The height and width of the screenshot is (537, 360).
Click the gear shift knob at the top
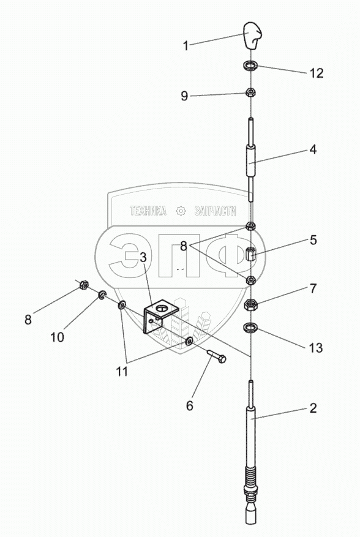pyautogui.click(x=252, y=36)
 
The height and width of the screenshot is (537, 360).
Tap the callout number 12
pyautogui.click(x=316, y=73)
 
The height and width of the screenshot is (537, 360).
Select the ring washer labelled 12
pyautogui.click(x=251, y=65)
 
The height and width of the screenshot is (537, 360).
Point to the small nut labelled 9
pyautogui.click(x=251, y=92)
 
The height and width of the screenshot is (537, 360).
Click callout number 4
pyautogui.click(x=313, y=149)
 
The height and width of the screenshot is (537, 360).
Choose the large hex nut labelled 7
pyautogui.click(x=250, y=304)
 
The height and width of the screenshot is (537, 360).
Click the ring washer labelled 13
pyautogui.click(x=250, y=328)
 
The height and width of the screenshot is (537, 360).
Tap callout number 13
pyautogui.click(x=316, y=348)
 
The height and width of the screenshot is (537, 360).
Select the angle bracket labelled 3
pyautogui.click(x=160, y=316)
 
